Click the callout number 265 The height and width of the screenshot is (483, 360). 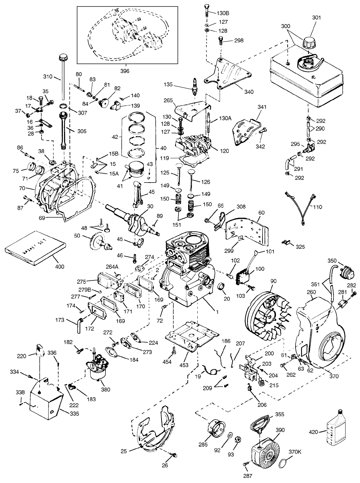pyautogui.click(x=168, y=100)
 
